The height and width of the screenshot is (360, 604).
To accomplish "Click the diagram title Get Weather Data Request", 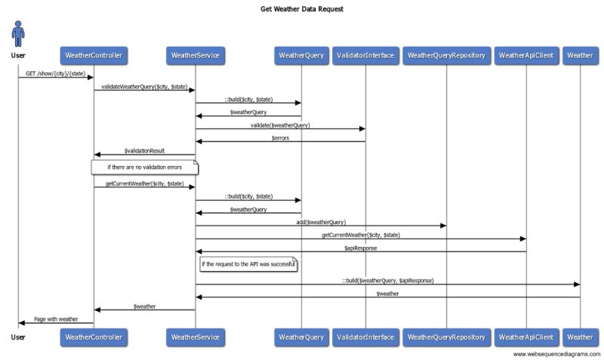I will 301,9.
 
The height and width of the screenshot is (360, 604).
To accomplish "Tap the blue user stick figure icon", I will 18,34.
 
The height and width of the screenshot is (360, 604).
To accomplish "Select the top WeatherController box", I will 94,56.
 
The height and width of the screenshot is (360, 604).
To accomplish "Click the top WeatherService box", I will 196,56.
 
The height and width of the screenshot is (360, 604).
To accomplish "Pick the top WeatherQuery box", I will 301,56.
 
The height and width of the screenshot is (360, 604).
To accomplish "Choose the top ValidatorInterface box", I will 365,56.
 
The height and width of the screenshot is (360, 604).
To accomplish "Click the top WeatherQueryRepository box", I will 447,56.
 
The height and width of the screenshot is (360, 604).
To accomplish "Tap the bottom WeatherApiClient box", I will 525,337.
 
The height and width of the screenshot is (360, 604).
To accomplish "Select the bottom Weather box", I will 580,337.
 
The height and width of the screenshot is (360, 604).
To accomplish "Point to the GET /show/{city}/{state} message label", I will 56,73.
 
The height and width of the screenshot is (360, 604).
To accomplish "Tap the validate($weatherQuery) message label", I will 280,125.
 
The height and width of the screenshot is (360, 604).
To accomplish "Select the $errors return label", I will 280,137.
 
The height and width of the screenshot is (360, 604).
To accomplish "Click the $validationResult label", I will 144,150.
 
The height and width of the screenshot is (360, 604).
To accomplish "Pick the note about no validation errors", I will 144,166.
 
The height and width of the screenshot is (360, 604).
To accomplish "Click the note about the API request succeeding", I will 248,263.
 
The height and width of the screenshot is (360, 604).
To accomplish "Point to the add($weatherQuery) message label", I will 321,222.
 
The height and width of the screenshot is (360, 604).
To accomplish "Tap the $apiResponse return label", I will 360,248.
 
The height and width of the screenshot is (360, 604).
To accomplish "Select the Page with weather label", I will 56,319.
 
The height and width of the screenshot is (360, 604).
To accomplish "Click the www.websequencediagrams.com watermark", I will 556,353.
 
